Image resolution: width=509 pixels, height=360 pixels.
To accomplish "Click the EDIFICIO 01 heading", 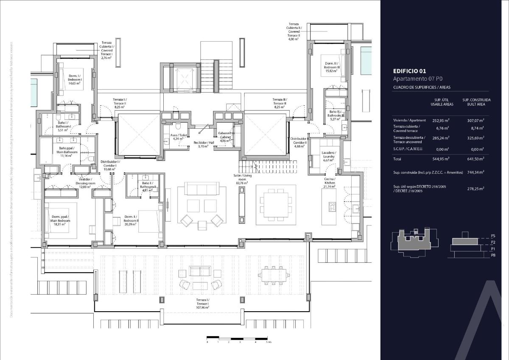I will (409, 71).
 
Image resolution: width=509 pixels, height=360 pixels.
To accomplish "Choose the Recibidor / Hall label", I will (201, 144).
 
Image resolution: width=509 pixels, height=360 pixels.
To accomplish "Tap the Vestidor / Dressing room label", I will (85, 183).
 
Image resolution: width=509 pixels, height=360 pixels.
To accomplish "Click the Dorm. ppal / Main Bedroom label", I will (60, 220).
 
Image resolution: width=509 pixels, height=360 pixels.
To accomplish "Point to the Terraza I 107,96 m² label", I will (202, 303).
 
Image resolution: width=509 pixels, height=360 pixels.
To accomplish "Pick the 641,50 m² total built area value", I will (476, 158).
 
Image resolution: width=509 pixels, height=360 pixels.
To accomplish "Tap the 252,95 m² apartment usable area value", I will (441, 121).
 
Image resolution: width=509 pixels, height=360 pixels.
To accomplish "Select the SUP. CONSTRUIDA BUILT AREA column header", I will (476, 102).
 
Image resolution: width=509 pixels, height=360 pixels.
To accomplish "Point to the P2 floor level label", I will (493, 242).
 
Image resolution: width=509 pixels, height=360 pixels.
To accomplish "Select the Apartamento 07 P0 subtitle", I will (417, 79).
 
